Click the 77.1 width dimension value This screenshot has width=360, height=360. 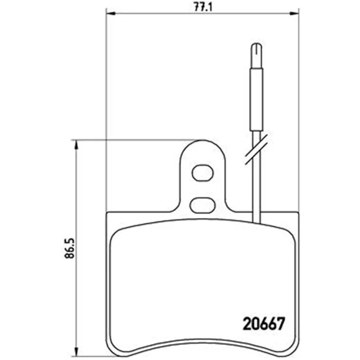pos(203,7)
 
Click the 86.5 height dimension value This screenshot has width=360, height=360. pos(70,248)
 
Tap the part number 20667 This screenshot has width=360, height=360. pos(264,324)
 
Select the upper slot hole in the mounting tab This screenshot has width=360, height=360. pos(202,173)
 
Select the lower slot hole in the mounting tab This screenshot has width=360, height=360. pos(202,205)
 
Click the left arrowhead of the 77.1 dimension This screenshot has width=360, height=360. pos(111,13)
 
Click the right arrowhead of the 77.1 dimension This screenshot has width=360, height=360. pos(295,13)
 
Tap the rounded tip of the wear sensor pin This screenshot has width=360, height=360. pos(256,47)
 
